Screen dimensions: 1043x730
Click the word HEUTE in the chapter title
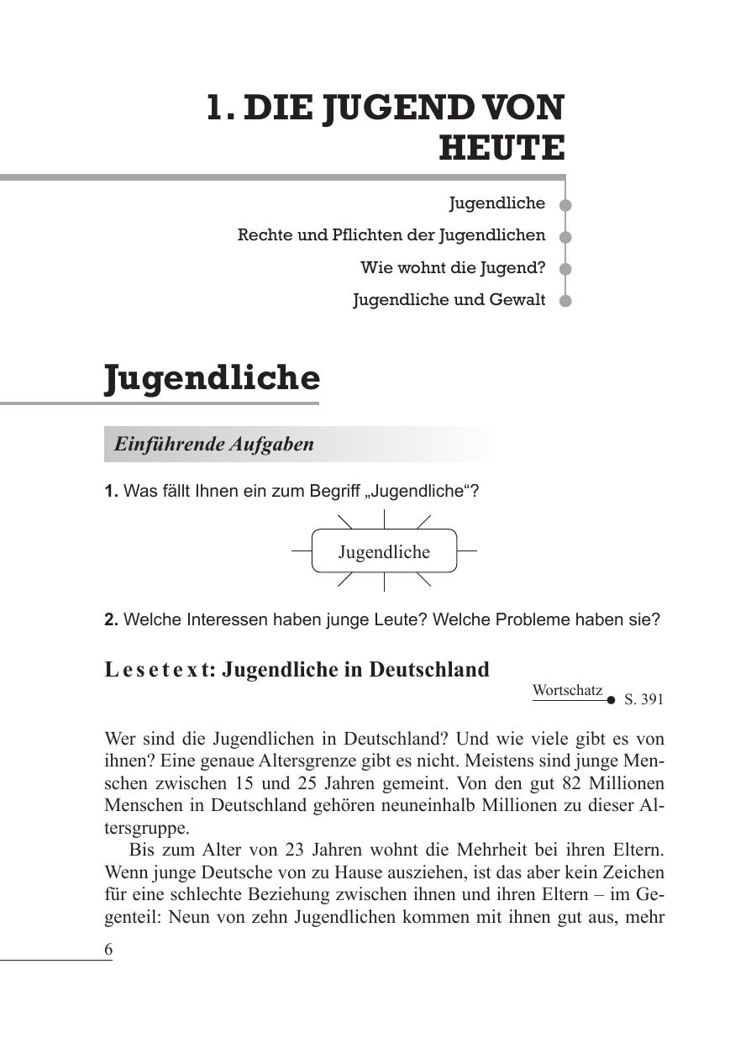502,149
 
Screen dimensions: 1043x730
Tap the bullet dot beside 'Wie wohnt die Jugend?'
565,269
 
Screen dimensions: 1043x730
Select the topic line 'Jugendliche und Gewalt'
449,300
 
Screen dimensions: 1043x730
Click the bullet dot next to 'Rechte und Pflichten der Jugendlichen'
565,237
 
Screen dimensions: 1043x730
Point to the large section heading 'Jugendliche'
212,378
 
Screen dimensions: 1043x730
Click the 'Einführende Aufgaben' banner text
214,445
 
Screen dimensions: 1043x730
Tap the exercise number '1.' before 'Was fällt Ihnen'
111,492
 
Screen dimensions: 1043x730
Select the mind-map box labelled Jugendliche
384,551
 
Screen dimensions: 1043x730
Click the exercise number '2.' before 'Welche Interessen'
111,620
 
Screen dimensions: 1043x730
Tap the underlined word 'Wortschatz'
567,691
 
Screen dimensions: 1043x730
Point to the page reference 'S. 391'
644,699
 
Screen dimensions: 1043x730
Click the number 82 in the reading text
540,783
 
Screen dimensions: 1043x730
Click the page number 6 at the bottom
108,949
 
